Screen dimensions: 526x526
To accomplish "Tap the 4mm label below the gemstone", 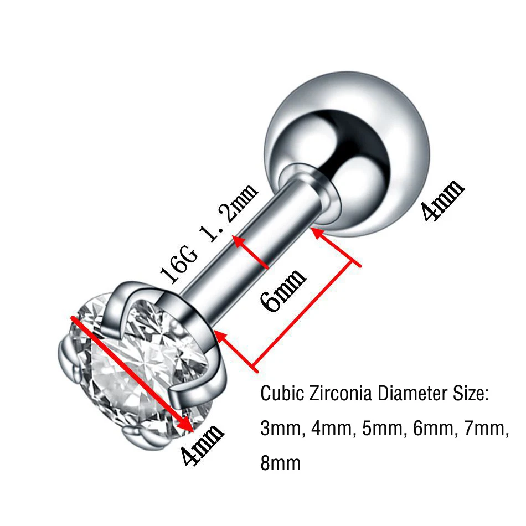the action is click(x=202, y=444).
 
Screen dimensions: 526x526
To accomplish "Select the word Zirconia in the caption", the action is click(x=340, y=395).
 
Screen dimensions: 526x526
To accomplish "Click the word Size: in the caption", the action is click(x=470, y=395).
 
